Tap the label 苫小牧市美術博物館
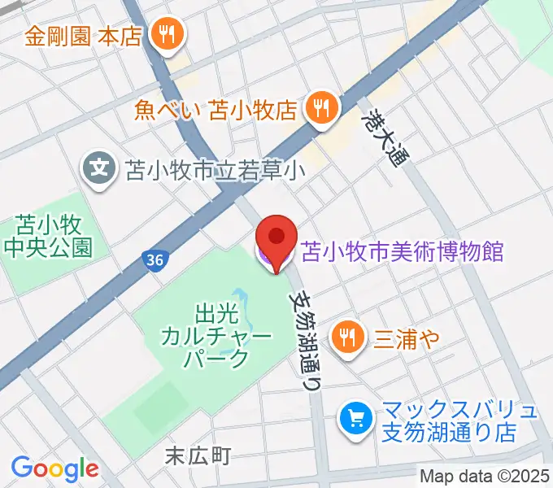tap(403, 251)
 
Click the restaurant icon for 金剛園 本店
tap(170, 35)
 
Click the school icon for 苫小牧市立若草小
tap(99, 170)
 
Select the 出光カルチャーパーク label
tap(216, 334)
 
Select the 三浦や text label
tap(407, 335)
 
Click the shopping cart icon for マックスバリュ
tap(355, 419)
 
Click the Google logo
tap(54, 468)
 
